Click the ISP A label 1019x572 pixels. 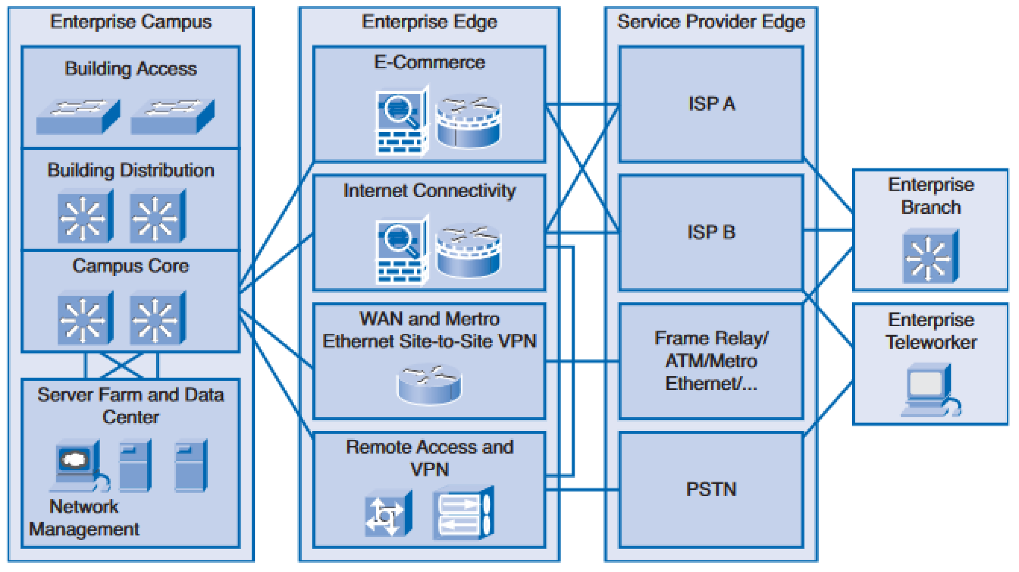coord(711,104)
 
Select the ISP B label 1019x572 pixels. coord(711,232)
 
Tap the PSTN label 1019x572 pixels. coord(711,489)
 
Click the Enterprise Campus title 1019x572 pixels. coord(131,22)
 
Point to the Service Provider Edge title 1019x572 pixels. coord(711,22)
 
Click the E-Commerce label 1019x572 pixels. coord(429,62)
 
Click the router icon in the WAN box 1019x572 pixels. coord(429,385)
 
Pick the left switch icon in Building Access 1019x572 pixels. coord(78,117)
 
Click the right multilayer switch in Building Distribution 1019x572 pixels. coord(157,217)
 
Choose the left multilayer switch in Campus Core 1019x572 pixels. coord(85,318)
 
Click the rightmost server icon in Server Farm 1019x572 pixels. coord(190,465)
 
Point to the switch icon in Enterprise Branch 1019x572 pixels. coord(930,256)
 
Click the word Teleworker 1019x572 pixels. coord(931,342)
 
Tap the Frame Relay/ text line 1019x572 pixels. coord(711,338)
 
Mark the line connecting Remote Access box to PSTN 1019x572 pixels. coord(582,490)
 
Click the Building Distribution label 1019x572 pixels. coord(131,170)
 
